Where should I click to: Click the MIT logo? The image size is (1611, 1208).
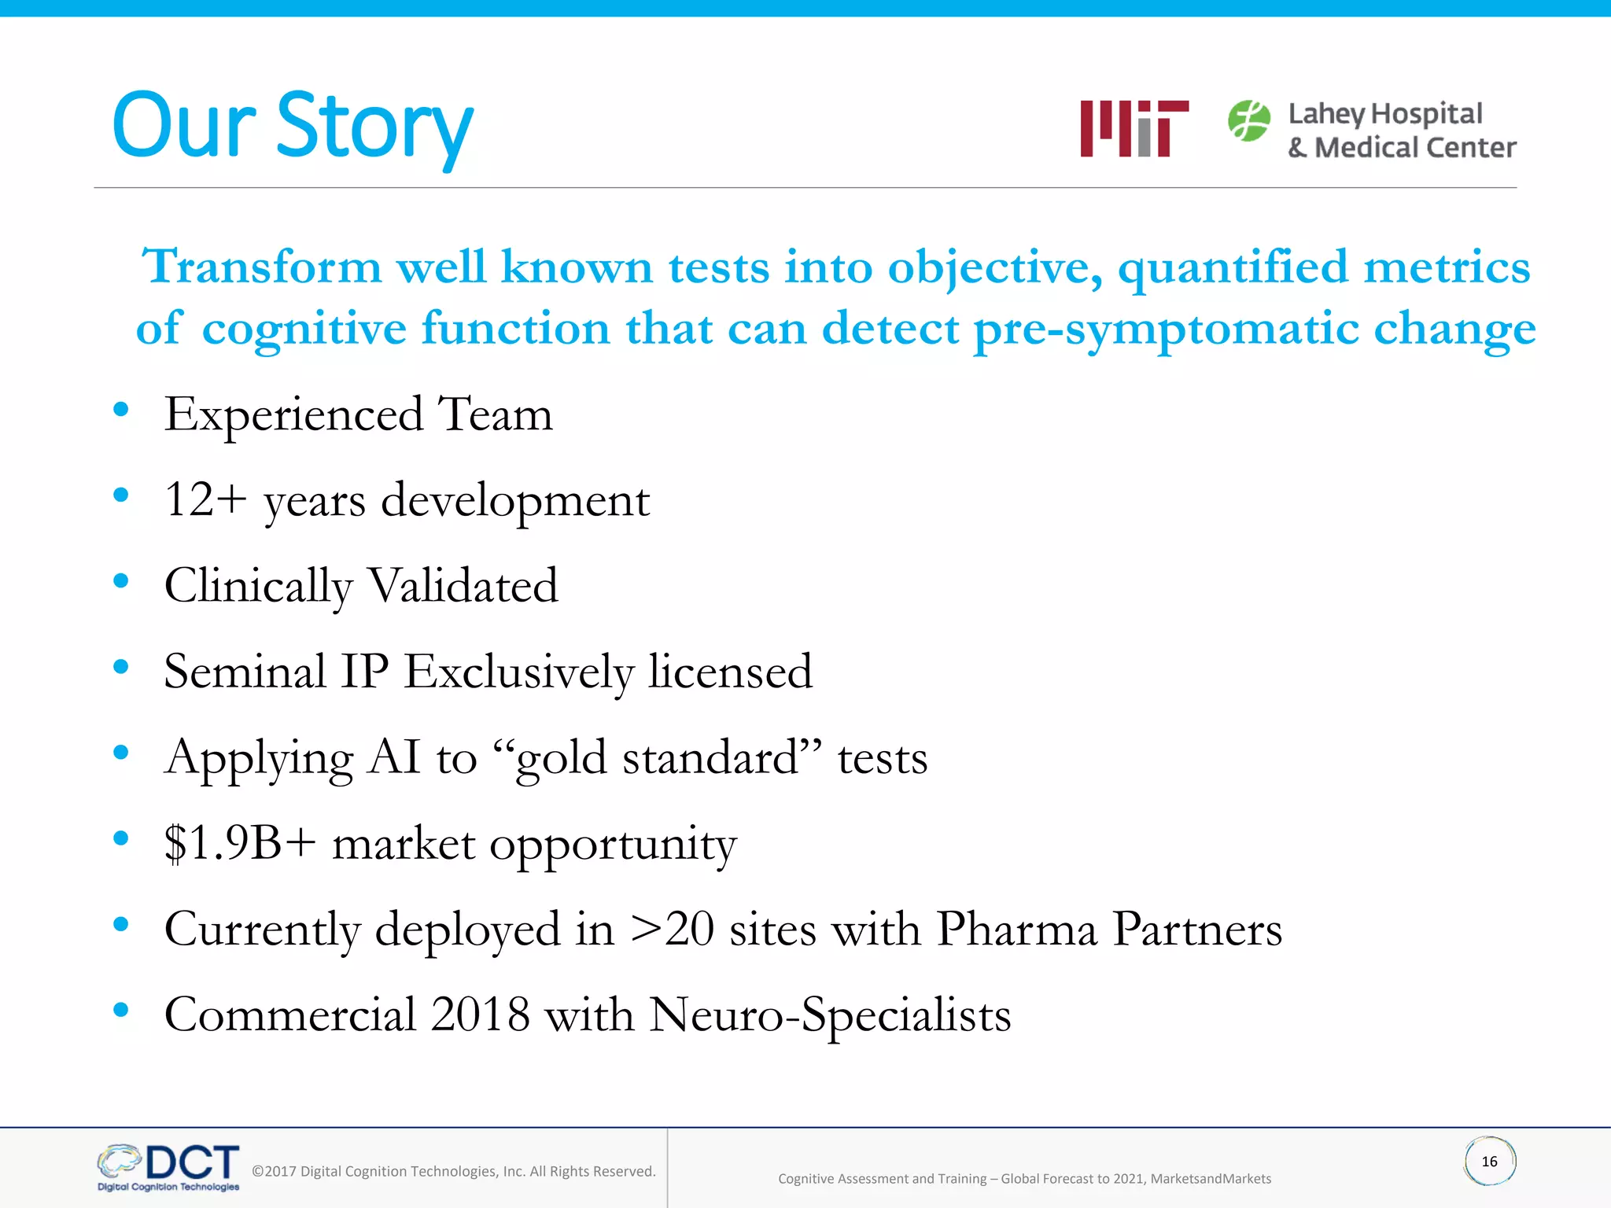tap(1134, 128)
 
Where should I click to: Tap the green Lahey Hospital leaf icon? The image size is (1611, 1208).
tap(1248, 121)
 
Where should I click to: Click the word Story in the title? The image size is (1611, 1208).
tap(374, 126)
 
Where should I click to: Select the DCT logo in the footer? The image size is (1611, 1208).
tap(169, 1167)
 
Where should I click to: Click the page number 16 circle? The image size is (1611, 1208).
tap(1489, 1162)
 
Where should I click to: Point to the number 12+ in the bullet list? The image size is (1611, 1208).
tap(205, 500)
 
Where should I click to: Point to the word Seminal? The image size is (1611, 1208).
tap(245, 672)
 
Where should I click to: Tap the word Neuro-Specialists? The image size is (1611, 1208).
tap(830, 1015)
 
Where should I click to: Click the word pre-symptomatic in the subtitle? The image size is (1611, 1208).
tap(1166, 329)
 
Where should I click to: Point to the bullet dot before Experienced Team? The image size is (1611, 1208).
tap(120, 409)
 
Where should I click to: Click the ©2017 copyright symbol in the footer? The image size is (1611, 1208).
tap(258, 1172)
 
